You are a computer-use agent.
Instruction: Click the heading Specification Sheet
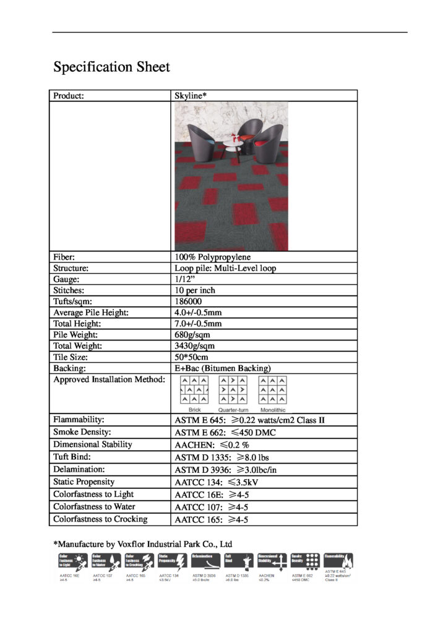pos(111,67)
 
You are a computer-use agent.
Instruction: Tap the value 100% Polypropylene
pos(213,257)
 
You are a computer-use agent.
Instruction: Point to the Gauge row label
pos(66,279)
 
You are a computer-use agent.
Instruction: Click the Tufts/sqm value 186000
pos(188,302)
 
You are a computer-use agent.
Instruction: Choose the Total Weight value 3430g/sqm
pos(194,346)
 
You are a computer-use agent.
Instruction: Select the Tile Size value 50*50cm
pos(192,357)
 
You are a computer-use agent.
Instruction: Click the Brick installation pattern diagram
pos(194,391)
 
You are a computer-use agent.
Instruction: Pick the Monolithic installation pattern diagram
pos(272,391)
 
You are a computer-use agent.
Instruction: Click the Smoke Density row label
pos(82,432)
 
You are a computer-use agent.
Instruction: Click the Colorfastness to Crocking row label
pos(100,519)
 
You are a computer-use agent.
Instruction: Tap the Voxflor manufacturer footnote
pos(143,544)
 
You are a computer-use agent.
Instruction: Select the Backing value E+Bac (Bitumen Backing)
pos(223,368)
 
